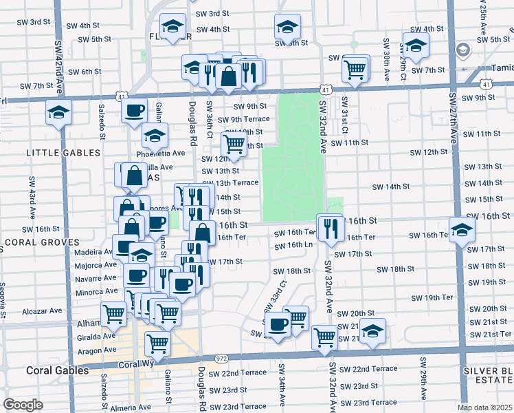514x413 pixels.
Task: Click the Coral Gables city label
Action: (x=58, y=370)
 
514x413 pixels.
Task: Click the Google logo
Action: (x=23, y=405)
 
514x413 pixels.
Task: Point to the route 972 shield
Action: (x=221, y=359)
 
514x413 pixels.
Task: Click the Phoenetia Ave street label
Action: (x=161, y=153)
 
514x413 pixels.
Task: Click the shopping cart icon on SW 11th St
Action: (x=234, y=144)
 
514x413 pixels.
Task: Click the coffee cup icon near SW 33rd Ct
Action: (x=278, y=324)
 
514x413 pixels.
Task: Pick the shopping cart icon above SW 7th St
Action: (x=355, y=68)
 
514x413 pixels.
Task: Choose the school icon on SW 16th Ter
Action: (x=461, y=230)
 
